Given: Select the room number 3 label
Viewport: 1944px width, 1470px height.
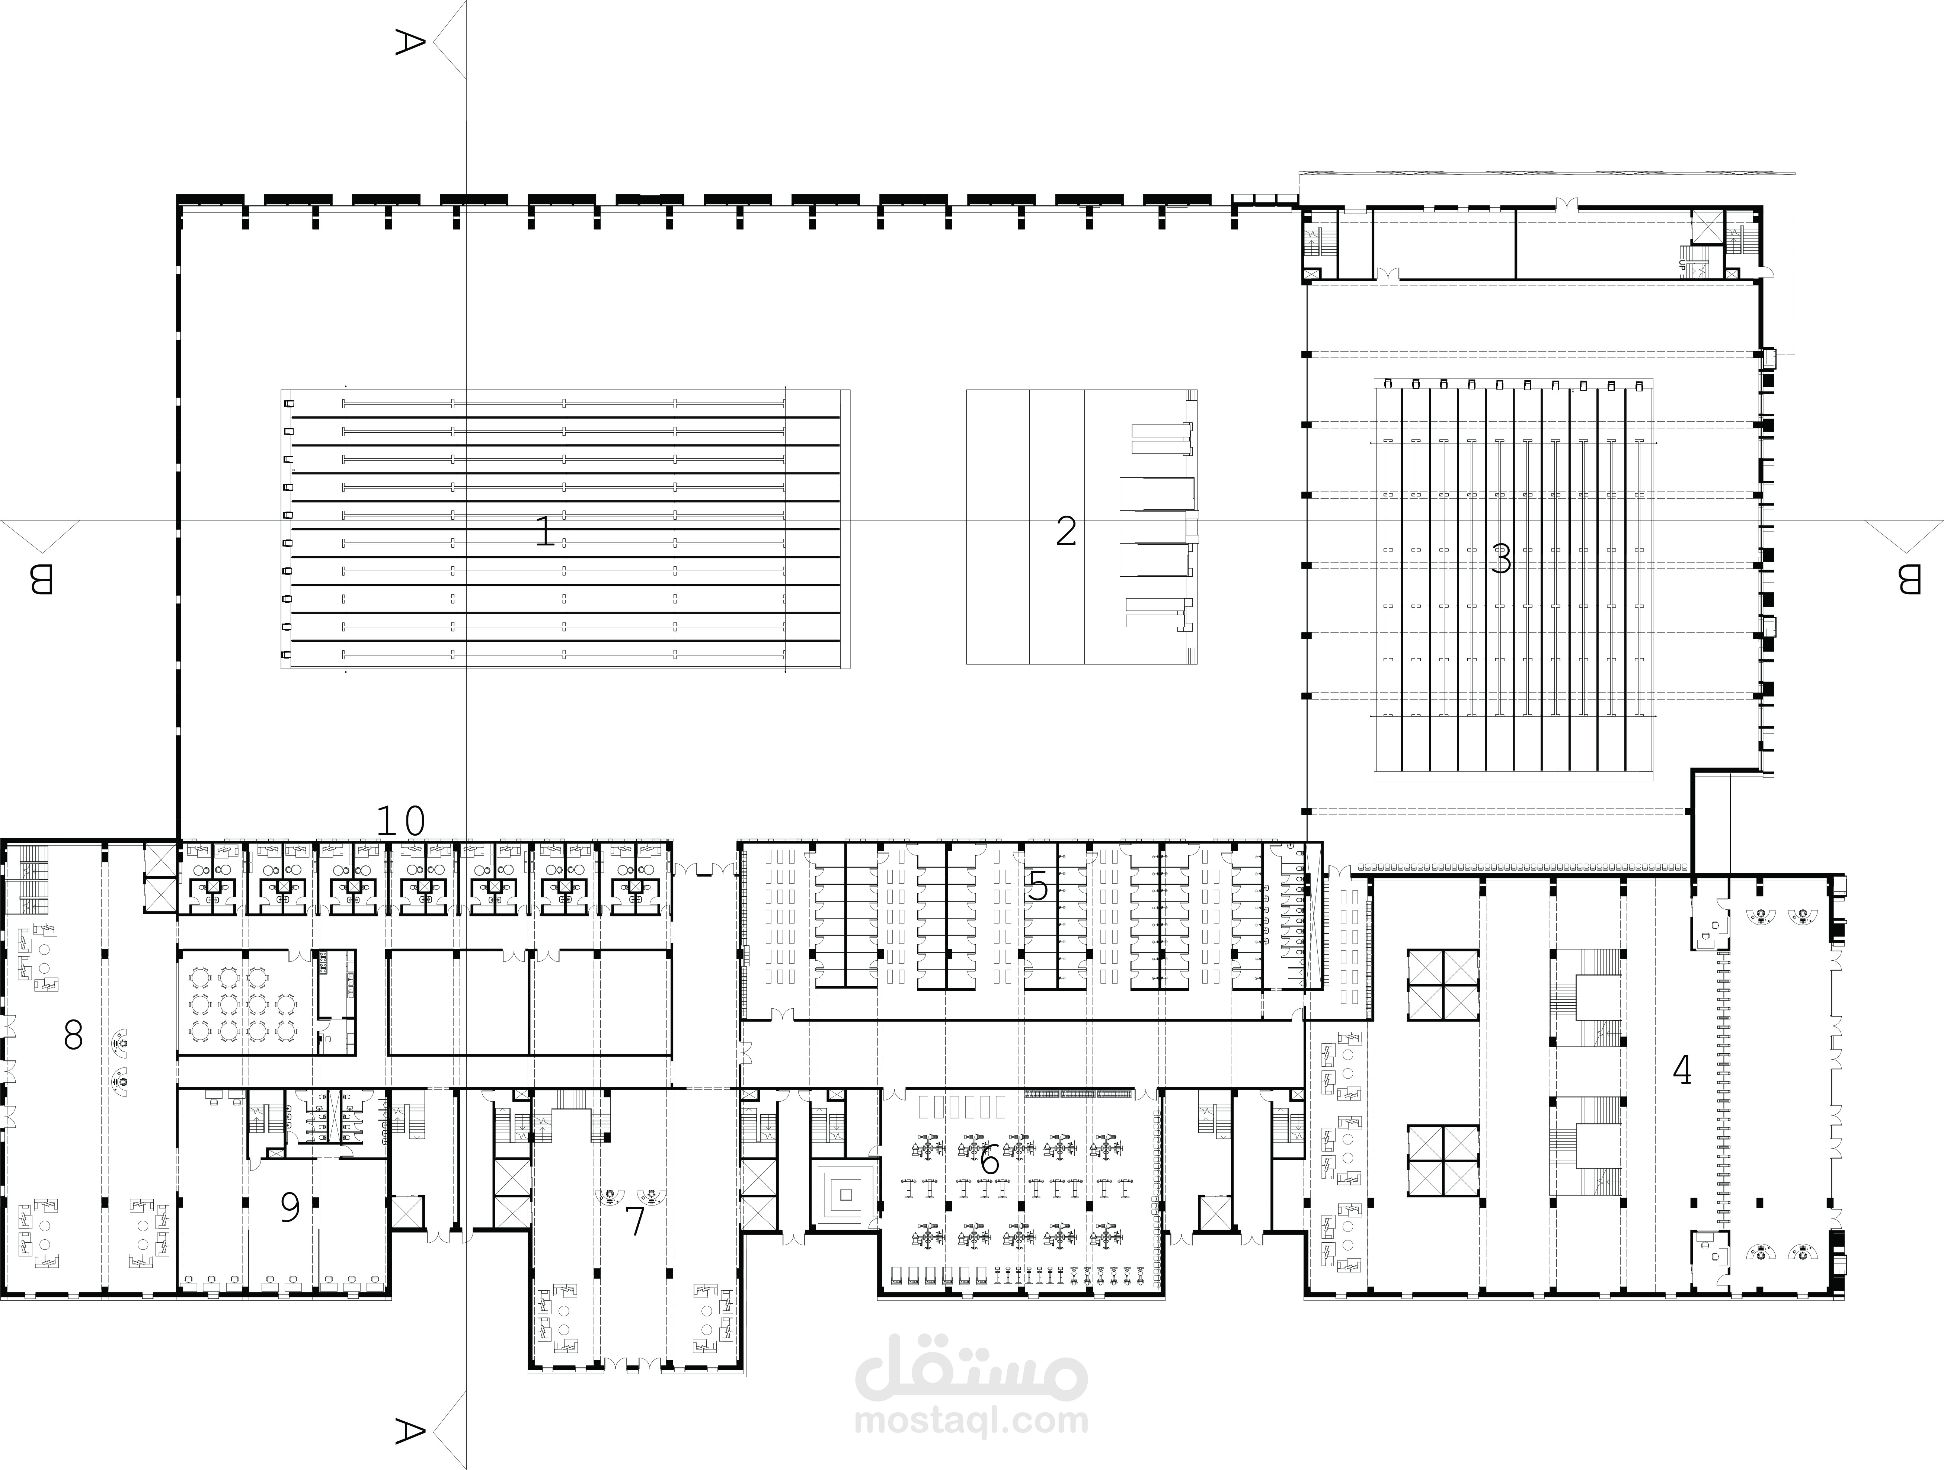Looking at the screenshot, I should point(1501,560).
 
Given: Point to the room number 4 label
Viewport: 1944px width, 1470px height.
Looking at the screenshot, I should point(1681,1070).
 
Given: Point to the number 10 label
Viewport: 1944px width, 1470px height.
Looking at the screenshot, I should point(401,822).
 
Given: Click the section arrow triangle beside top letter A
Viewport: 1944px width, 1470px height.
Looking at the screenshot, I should point(450,41).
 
